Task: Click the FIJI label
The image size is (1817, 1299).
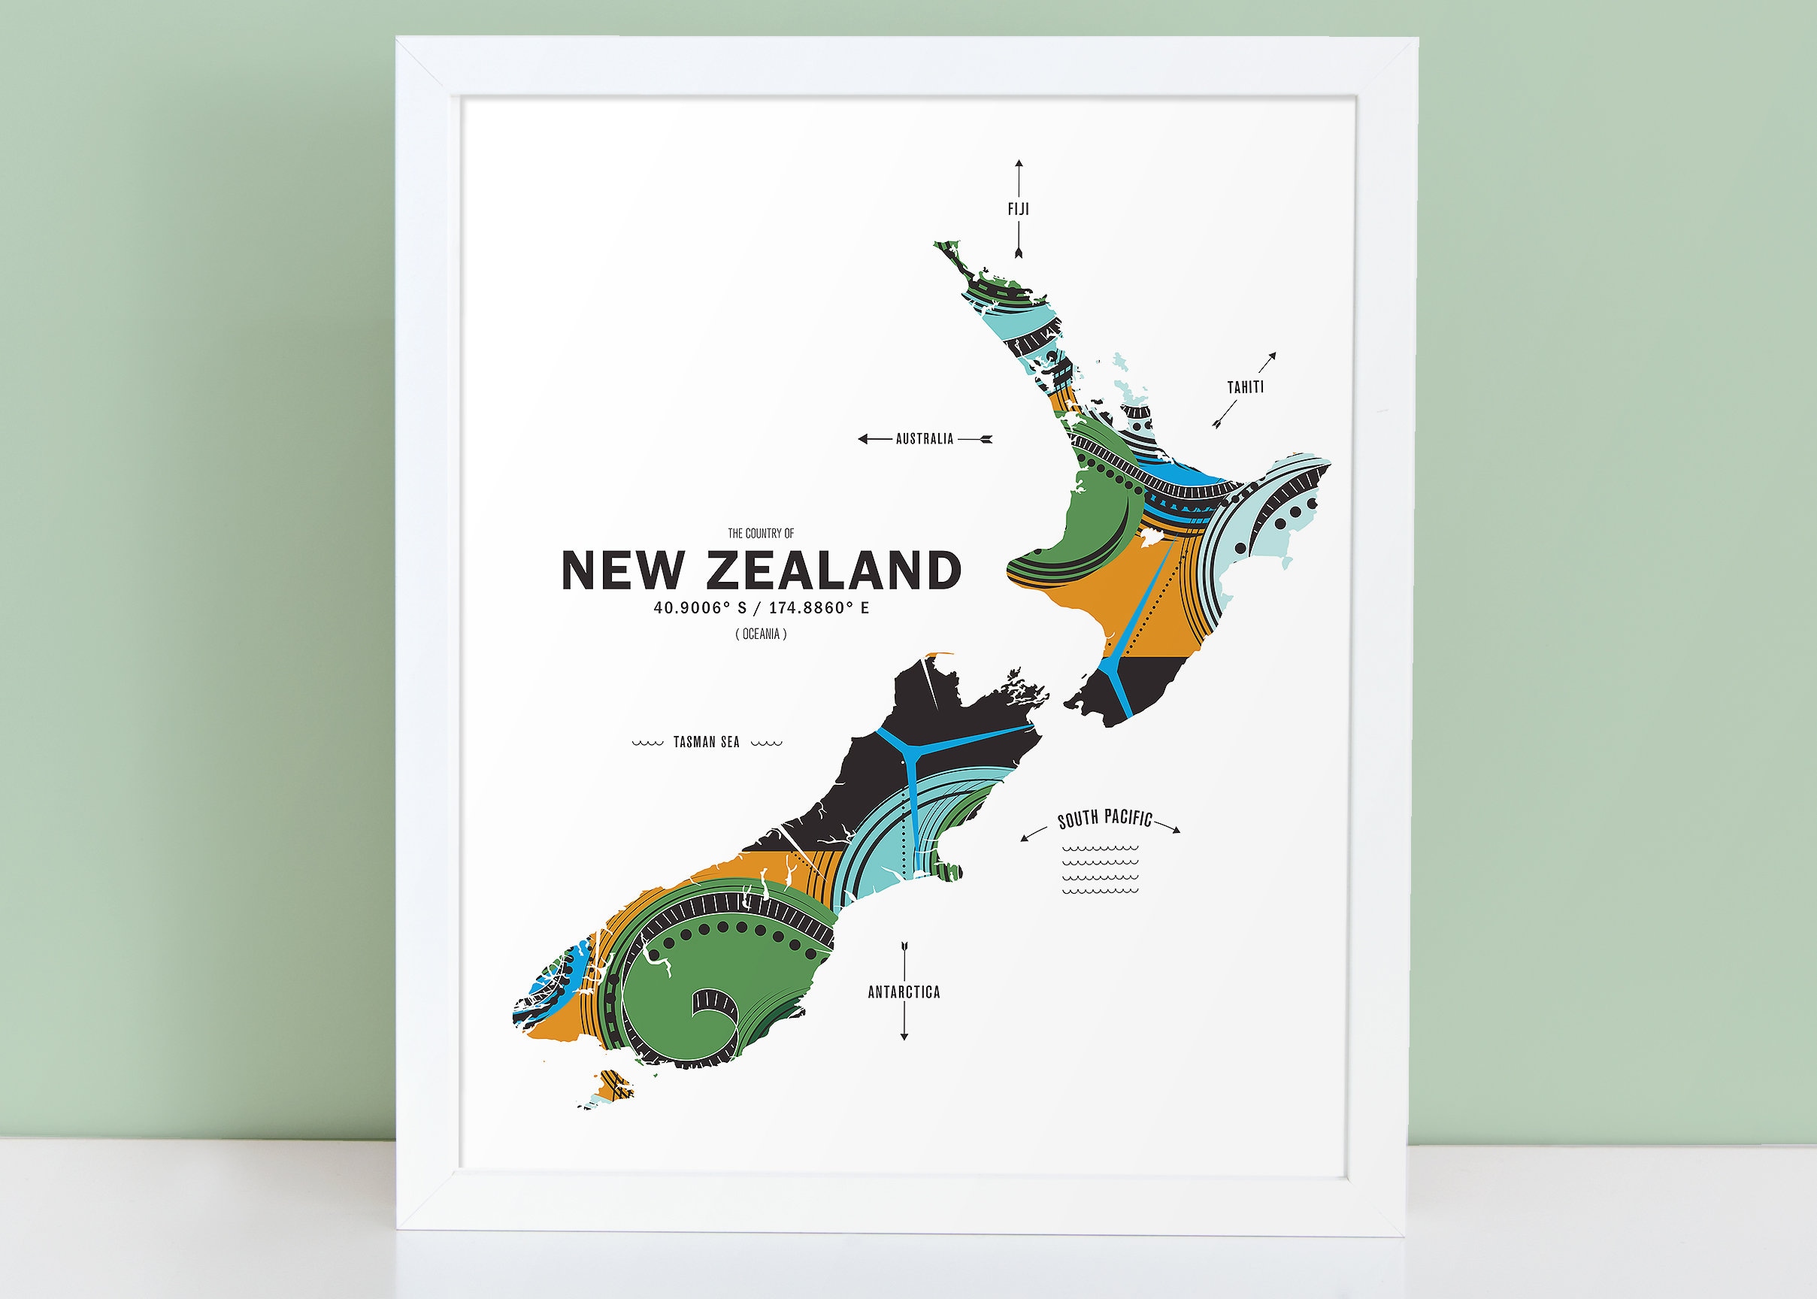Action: (1018, 210)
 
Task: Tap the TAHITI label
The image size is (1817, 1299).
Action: (1245, 388)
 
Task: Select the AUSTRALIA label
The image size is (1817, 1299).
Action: (925, 439)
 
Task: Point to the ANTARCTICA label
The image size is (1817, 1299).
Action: (904, 992)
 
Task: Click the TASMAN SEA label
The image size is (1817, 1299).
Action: (706, 742)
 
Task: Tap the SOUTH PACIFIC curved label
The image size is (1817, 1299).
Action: (1104, 819)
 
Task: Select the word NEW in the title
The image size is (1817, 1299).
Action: (623, 571)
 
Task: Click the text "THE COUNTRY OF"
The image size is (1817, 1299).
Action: (761, 534)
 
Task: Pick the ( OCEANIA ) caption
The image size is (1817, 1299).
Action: (761, 634)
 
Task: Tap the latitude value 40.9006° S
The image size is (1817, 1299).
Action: (700, 608)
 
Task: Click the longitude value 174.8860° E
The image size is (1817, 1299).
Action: (819, 608)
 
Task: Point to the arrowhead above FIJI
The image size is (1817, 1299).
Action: (1018, 165)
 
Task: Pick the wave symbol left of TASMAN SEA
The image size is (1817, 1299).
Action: (648, 743)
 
